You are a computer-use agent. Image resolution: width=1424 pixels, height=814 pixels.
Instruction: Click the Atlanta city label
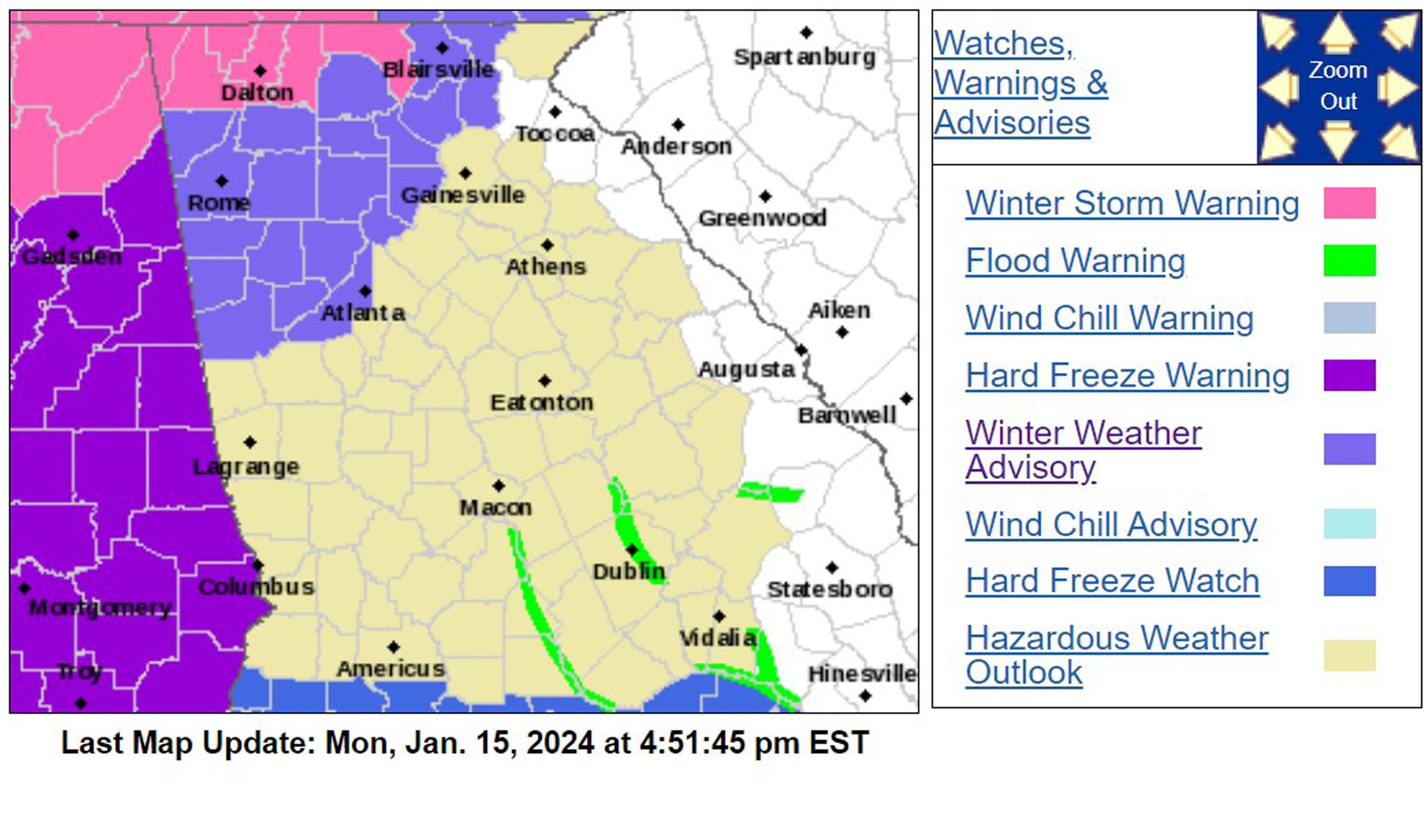[362, 313]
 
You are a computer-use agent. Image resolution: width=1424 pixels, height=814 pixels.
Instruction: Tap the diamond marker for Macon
[499, 486]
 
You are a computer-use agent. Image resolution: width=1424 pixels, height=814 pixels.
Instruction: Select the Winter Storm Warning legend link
[1132, 203]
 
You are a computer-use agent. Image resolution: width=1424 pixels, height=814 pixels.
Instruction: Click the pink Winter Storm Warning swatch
[1349, 203]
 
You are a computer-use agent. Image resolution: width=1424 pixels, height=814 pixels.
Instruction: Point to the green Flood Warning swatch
[1349, 260]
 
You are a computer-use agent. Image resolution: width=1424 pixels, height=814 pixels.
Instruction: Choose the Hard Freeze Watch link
[1112, 581]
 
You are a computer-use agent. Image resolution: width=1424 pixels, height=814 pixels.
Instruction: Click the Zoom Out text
[1338, 86]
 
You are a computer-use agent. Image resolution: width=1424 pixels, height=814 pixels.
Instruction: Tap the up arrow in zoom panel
[1338, 33]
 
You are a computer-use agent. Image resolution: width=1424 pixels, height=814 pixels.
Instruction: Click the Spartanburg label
[804, 57]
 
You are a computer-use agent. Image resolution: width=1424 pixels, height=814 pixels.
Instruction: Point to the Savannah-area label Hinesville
[862, 674]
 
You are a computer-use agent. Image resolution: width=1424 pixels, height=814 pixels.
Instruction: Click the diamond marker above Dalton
[260, 71]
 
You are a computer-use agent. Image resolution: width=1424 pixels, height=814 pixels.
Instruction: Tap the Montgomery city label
[100, 607]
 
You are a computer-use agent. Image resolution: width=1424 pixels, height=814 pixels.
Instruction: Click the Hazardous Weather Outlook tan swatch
[1349, 655]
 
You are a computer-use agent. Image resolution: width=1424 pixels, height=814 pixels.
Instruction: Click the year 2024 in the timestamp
[560, 743]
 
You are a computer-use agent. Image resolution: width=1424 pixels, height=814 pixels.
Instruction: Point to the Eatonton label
[541, 402]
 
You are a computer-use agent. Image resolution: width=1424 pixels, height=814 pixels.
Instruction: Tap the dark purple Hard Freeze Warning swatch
[1349, 376]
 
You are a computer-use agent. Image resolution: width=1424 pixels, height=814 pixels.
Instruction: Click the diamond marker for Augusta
[801, 350]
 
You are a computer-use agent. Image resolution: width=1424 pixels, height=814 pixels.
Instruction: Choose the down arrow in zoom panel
[1338, 140]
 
